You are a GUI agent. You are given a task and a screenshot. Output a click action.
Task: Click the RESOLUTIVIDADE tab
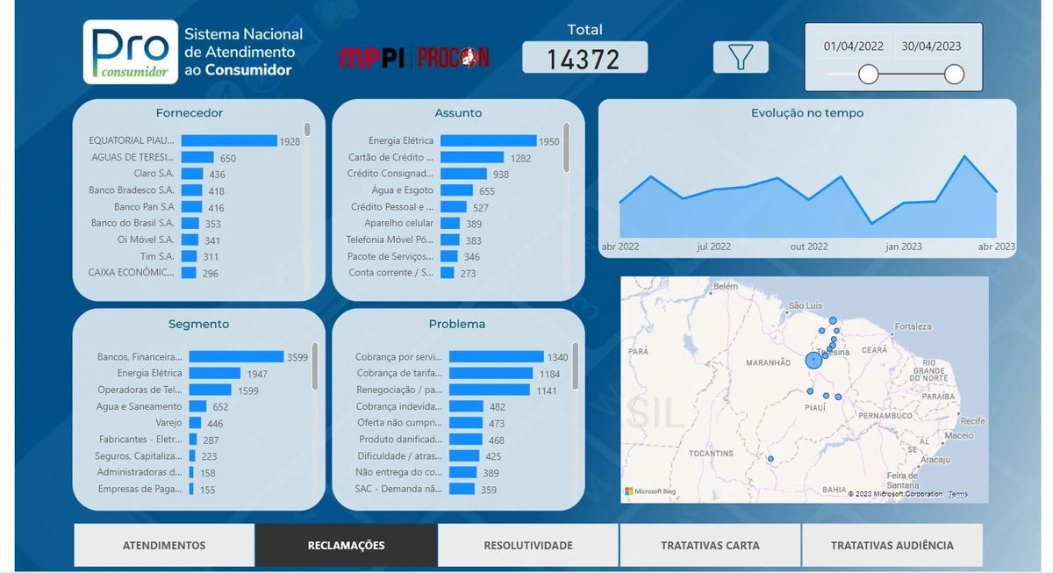pyautogui.click(x=528, y=546)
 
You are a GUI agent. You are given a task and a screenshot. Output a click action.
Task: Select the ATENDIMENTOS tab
pyautogui.click(x=164, y=546)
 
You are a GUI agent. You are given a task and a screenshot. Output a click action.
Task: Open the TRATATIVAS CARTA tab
pyautogui.click(x=710, y=546)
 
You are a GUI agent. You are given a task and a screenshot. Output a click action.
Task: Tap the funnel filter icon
pyautogui.click(x=741, y=57)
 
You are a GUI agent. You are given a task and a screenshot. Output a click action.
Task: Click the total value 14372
pyautogui.click(x=584, y=59)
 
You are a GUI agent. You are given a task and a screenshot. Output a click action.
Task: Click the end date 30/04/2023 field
pyautogui.click(x=931, y=46)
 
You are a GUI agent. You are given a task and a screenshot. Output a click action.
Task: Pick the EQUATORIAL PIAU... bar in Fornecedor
pyautogui.click(x=228, y=140)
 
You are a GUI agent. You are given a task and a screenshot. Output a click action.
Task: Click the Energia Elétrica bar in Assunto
pyautogui.click(x=488, y=140)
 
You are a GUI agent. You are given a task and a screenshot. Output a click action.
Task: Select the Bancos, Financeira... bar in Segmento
pyautogui.click(x=236, y=356)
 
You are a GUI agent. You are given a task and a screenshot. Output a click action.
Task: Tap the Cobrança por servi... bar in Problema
pyautogui.click(x=497, y=356)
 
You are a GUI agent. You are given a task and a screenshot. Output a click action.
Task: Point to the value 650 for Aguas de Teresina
pyautogui.click(x=227, y=159)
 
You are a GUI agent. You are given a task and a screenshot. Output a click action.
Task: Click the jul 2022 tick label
pyautogui.click(x=714, y=247)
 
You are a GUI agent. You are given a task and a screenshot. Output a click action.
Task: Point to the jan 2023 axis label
pyautogui.click(x=904, y=247)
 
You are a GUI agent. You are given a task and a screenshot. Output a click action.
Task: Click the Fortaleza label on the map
pyautogui.click(x=913, y=326)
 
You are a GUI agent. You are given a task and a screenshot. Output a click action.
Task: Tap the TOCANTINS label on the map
pyautogui.click(x=711, y=454)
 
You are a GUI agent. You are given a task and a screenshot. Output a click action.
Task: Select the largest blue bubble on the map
pyautogui.click(x=814, y=360)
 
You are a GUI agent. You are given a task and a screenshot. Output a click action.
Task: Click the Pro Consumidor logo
pyautogui.click(x=131, y=53)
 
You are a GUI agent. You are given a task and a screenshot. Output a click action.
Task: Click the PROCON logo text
pyautogui.click(x=454, y=58)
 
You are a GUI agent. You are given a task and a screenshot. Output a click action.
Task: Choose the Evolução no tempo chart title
pyautogui.click(x=807, y=113)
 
